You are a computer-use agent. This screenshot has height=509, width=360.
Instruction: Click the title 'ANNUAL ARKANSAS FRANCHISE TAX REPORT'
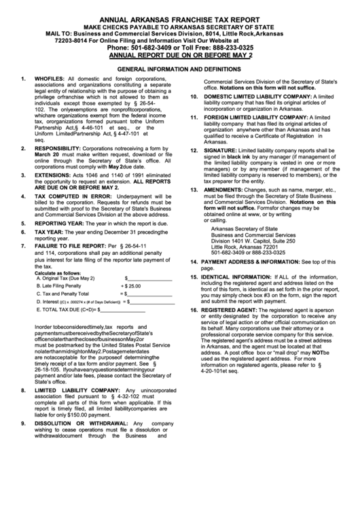[180, 20]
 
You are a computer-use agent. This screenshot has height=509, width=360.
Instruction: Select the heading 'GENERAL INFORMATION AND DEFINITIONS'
[179, 69]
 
